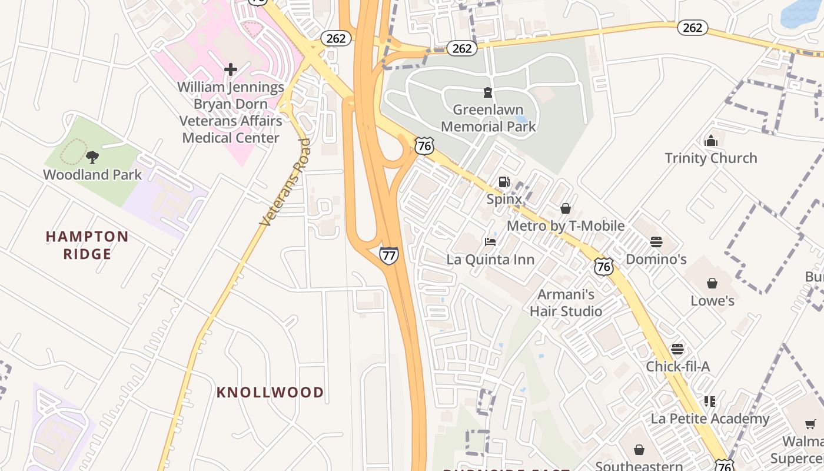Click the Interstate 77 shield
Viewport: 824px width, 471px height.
(388, 255)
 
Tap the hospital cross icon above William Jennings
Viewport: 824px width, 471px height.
(231, 69)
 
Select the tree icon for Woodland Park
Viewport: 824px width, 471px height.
(92, 157)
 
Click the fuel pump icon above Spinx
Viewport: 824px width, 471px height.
(504, 182)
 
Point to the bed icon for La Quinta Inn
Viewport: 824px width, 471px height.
(490, 241)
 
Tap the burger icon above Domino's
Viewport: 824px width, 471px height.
(656, 241)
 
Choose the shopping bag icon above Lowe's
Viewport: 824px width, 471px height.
(712, 283)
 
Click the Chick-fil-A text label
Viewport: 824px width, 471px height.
(677, 366)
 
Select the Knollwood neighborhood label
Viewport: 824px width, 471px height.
(270, 392)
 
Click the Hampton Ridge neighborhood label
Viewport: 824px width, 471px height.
(87, 245)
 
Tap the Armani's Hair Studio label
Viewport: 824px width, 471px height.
(566, 303)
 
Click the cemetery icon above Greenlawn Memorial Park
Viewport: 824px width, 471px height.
(487, 92)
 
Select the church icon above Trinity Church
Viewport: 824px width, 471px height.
(711, 141)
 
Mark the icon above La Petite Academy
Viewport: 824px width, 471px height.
(710, 402)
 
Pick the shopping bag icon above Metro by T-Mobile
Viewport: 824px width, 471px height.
(565, 208)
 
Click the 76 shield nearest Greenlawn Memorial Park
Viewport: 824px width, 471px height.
(424, 146)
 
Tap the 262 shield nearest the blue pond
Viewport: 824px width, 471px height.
(692, 28)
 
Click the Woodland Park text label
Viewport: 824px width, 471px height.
(92, 175)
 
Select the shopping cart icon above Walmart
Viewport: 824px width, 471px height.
(810, 424)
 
